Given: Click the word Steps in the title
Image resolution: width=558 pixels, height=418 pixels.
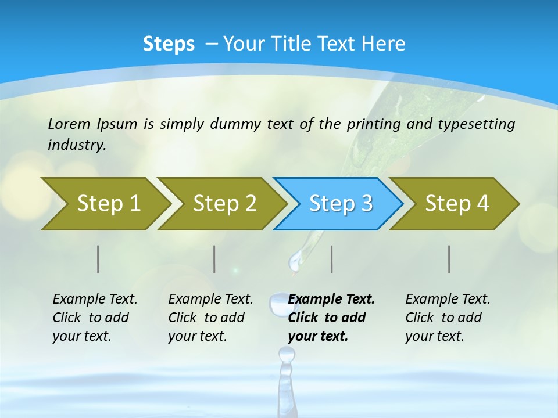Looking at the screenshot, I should [x=169, y=44].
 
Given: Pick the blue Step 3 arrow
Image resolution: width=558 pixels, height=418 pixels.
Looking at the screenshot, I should [x=341, y=204].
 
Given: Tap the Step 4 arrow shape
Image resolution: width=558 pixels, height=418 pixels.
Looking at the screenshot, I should [x=457, y=204].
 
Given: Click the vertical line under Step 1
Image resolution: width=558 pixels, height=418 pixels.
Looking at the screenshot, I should [x=98, y=259].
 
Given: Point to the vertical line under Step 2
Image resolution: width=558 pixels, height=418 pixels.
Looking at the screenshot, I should [x=214, y=259].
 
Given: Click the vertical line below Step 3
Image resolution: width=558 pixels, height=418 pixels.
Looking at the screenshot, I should [x=332, y=259].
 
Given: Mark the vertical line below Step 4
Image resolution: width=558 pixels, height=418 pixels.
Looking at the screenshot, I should [x=449, y=259].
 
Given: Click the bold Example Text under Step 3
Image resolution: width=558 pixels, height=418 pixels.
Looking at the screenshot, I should [x=331, y=300].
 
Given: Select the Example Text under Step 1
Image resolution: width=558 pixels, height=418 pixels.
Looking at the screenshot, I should [x=95, y=300].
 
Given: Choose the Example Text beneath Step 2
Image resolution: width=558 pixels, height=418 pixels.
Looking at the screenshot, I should [x=210, y=300].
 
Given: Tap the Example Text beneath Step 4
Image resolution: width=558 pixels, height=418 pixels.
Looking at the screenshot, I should [x=448, y=300].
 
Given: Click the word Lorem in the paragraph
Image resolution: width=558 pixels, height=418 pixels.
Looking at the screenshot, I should [x=69, y=124].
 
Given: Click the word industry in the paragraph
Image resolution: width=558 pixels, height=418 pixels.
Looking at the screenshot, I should [x=76, y=145].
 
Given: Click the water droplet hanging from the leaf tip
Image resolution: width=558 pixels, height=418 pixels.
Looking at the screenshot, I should [x=296, y=261].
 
